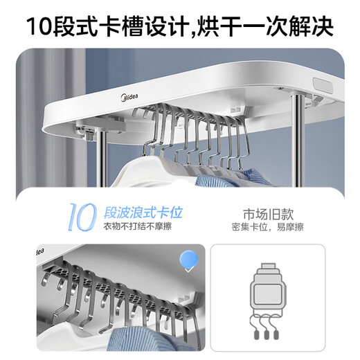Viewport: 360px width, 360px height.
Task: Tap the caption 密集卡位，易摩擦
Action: click(x=266, y=226)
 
